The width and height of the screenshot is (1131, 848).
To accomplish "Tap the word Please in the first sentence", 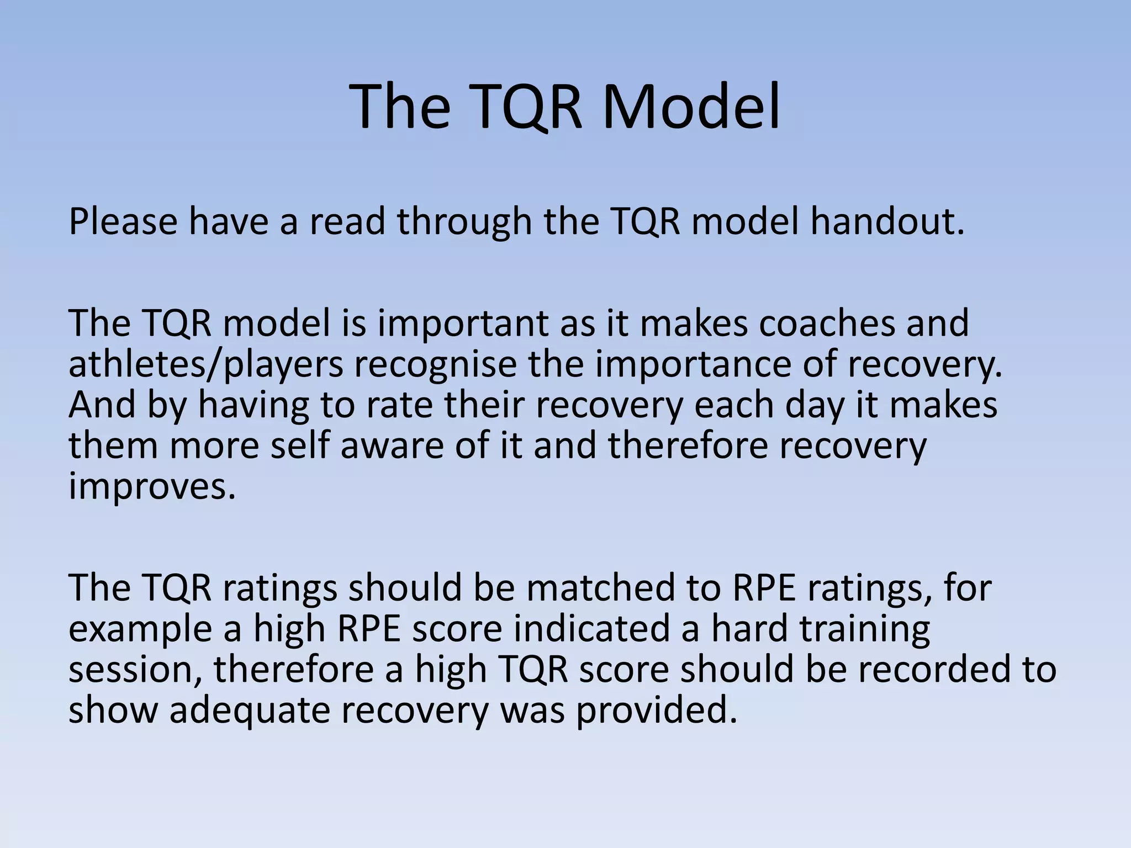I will [x=123, y=221].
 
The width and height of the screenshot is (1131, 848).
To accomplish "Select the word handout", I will [x=887, y=221].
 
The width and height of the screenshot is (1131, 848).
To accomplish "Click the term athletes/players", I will [x=205, y=365].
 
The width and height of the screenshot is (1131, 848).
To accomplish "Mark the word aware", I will [x=392, y=446].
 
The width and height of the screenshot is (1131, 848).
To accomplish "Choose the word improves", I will [x=152, y=487].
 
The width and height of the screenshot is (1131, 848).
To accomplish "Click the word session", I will [x=135, y=670].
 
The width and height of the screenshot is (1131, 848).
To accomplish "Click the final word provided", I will [x=657, y=711].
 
